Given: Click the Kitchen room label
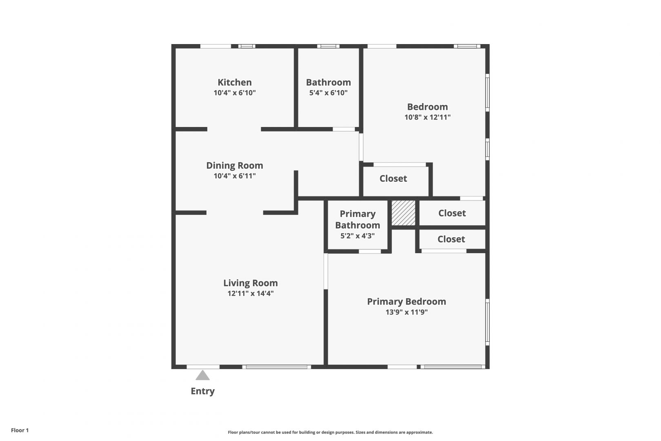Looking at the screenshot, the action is pyautogui.click(x=235, y=82).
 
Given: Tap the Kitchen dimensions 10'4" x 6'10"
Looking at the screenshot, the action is pyautogui.click(x=235, y=93).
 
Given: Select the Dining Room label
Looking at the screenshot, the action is pyautogui.click(x=235, y=165).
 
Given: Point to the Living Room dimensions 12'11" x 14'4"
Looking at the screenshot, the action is pyautogui.click(x=251, y=293).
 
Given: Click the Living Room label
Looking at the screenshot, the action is pyautogui.click(x=251, y=283).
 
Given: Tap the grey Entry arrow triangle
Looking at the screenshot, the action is pyautogui.click(x=202, y=375).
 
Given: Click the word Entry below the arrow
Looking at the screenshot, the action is pyautogui.click(x=203, y=391).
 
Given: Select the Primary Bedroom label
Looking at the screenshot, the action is pyautogui.click(x=407, y=302).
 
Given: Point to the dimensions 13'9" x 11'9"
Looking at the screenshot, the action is pyautogui.click(x=407, y=312).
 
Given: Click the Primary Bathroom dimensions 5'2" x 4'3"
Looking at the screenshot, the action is pyautogui.click(x=358, y=236).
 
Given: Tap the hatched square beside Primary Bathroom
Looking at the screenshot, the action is pyautogui.click(x=404, y=213).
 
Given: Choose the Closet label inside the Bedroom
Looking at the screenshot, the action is pyautogui.click(x=393, y=178).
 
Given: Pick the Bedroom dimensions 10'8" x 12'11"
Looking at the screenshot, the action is pyautogui.click(x=428, y=117).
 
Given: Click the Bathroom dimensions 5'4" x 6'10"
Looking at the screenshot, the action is pyautogui.click(x=328, y=93).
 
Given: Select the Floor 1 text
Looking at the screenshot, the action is pyautogui.click(x=20, y=430).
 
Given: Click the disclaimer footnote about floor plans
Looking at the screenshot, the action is pyautogui.click(x=330, y=432).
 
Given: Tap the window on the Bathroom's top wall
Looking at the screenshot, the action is pyautogui.click(x=328, y=46).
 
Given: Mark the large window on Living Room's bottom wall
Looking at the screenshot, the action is pyautogui.click(x=277, y=367).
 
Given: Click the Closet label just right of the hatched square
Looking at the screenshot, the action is pyautogui.click(x=452, y=213).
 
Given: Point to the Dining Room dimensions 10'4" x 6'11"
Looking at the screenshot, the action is pyautogui.click(x=235, y=176).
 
